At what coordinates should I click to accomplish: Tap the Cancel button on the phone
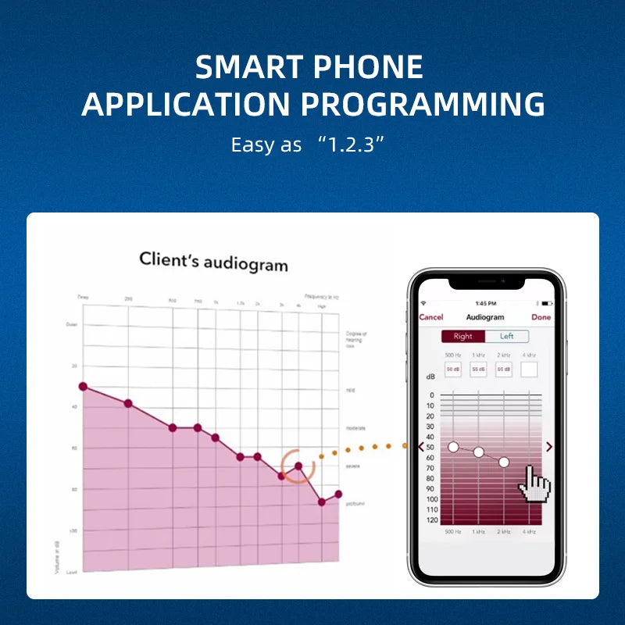pyautogui.click(x=431, y=317)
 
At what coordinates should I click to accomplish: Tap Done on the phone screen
pyautogui.click(x=541, y=317)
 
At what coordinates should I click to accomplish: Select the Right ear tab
pyautogui.click(x=462, y=337)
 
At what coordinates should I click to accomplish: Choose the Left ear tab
pyautogui.click(x=507, y=337)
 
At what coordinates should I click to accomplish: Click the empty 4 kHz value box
pyautogui.click(x=530, y=369)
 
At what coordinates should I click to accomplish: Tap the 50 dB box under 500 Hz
pyautogui.click(x=453, y=369)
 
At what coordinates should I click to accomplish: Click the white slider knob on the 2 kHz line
pyautogui.click(x=504, y=462)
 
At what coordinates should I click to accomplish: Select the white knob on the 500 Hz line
pyautogui.click(x=453, y=447)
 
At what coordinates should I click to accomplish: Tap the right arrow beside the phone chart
pyautogui.click(x=549, y=447)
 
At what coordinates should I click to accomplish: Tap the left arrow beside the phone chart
pyautogui.click(x=422, y=447)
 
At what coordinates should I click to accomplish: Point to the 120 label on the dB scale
pyautogui.click(x=430, y=520)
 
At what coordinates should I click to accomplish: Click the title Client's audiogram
pyautogui.click(x=213, y=261)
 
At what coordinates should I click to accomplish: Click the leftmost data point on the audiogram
pyautogui.click(x=83, y=387)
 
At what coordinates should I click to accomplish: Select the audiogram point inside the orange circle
pyautogui.click(x=298, y=466)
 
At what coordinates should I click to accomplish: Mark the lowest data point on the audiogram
pyautogui.click(x=321, y=502)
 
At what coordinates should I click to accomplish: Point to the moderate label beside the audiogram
pyautogui.click(x=355, y=428)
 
